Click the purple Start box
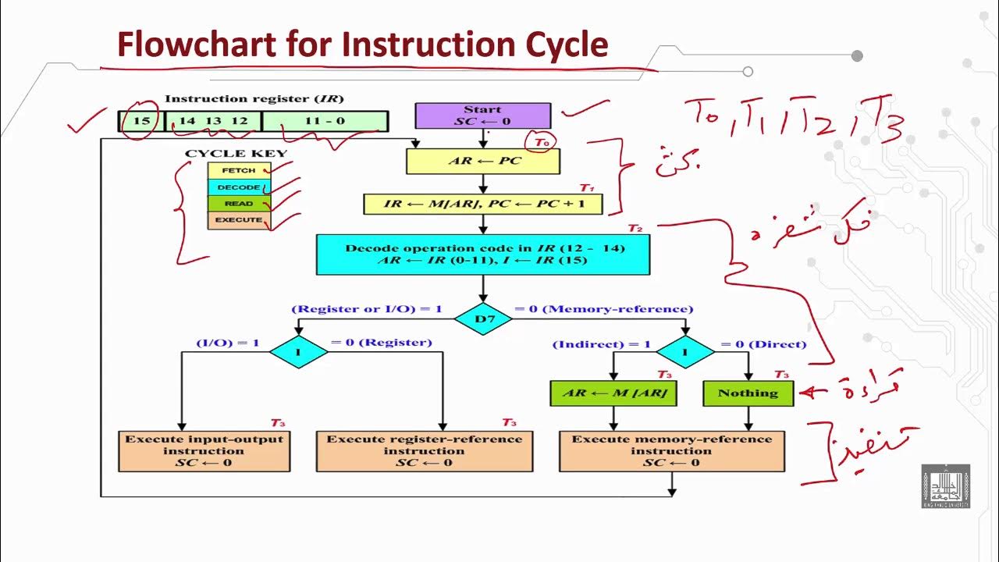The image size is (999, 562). coord(482,116)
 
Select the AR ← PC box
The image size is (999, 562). coord(483,161)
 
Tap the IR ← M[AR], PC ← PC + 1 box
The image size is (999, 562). coord(483,205)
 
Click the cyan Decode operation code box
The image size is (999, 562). coord(482,254)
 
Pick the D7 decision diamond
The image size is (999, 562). coord(482,318)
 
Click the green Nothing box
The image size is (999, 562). coord(748,393)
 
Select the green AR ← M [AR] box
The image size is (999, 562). coord(613,393)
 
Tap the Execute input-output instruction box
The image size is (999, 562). coord(204,450)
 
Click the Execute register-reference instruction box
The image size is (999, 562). coord(424,450)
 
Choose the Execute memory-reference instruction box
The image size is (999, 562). coord(671,450)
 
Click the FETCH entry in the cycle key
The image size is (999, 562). coord(238,170)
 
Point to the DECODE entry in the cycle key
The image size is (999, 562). coord(238,187)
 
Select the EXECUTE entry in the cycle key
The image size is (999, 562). coord(238,220)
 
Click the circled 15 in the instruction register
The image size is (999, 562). coord(141,121)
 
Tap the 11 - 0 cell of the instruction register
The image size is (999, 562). coord(325,121)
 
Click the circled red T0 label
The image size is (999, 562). coord(541,142)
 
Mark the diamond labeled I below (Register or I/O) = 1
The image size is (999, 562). coord(298,352)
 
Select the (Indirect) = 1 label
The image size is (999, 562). coord(601,344)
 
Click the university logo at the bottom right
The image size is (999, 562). coord(945,486)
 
